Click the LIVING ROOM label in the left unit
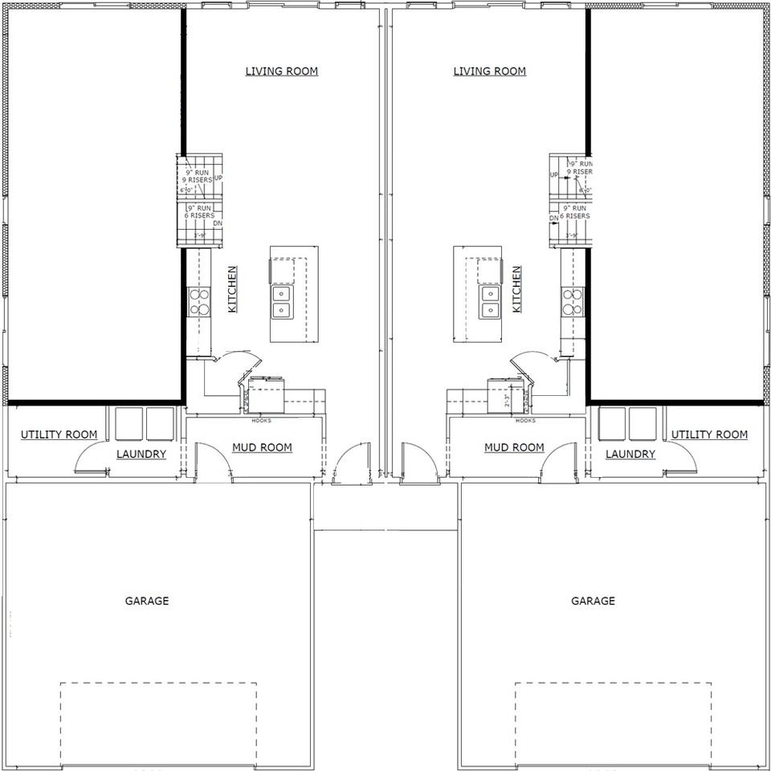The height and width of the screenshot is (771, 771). point(281,71)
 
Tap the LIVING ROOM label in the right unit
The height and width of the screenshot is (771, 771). point(489,71)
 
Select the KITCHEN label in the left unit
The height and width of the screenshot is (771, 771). point(232,289)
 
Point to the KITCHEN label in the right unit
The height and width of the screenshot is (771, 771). point(516,289)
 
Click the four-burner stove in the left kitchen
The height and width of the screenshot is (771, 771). point(198,302)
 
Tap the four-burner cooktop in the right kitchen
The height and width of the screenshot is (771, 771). point(572,302)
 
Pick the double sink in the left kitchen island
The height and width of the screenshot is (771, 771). point(281,301)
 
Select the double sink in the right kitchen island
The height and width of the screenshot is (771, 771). point(490,301)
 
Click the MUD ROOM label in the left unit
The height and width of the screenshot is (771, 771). point(262,447)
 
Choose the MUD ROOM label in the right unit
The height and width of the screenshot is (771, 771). point(514,447)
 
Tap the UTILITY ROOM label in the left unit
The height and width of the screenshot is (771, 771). point(59,434)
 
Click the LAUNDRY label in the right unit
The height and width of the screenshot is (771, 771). point(630,454)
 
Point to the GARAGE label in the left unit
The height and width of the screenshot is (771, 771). point(147,601)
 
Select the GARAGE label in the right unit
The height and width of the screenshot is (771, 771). point(593,601)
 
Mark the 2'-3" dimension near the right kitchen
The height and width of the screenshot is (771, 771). point(507,399)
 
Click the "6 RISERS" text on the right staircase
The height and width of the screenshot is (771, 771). point(574,216)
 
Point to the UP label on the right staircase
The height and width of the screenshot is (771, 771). point(553,174)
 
